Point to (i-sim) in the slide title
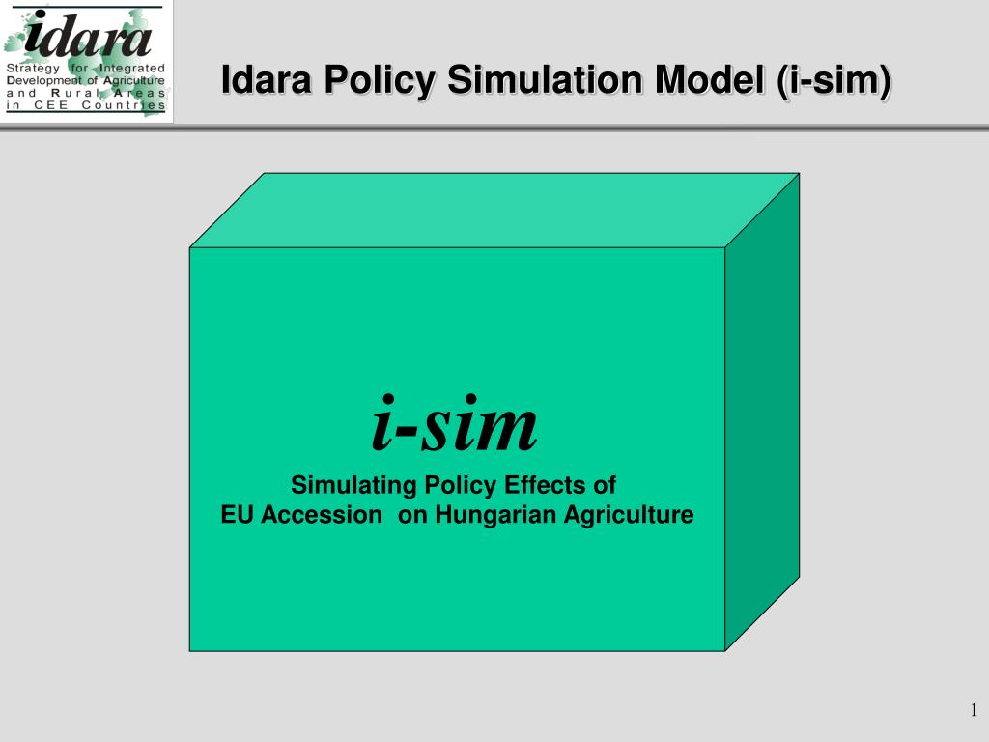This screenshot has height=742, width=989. click(x=834, y=81)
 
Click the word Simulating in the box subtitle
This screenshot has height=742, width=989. click(x=353, y=485)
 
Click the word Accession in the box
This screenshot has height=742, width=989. click(x=321, y=515)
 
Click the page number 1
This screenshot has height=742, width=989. click(x=974, y=710)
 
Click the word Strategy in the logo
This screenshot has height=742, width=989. click(x=33, y=69)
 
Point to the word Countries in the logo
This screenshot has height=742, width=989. click(x=124, y=104)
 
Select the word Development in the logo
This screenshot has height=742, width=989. click(x=44, y=81)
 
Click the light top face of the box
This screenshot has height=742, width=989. click(x=494, y=210)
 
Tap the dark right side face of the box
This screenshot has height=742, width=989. click(x=762, y=412)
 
